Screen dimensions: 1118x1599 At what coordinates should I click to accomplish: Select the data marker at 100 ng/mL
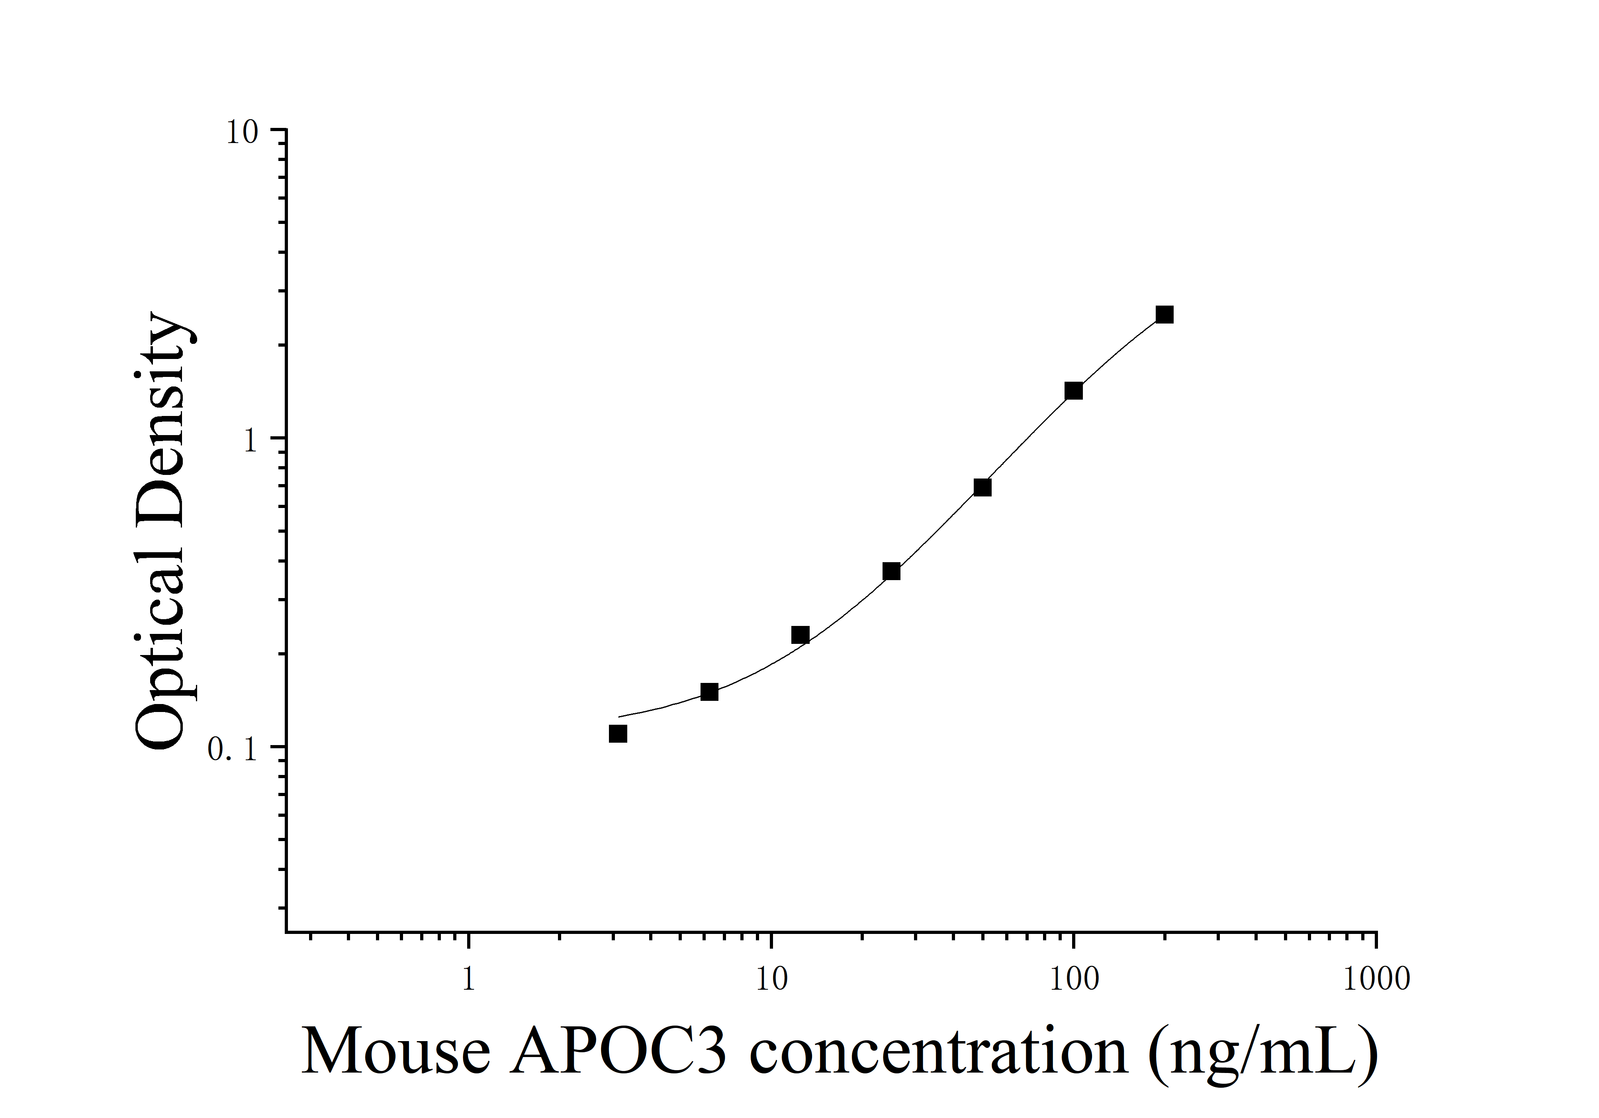[x=1073, y=391]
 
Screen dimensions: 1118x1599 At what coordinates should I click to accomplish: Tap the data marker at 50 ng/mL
[x=982, y=487]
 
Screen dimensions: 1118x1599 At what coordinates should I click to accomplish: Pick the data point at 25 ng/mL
[x=891, y=571]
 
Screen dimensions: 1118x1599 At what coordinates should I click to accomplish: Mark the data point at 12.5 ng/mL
[x=800, y=635]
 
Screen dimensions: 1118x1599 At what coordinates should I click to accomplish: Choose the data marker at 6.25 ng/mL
[x=709, y=692]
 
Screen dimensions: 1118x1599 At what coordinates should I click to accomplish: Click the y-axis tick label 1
[x=251, y=441]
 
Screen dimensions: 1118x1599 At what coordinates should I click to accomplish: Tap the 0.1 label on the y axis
[x=233, y=750]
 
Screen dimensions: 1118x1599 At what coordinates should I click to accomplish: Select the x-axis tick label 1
[x=469, y=979]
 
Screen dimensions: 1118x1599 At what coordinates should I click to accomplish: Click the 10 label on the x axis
[x=771, y=979]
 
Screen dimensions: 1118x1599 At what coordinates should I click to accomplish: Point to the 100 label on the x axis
[x=1073, y=979]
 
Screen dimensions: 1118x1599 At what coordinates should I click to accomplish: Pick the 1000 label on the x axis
[x=1376, y=979]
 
